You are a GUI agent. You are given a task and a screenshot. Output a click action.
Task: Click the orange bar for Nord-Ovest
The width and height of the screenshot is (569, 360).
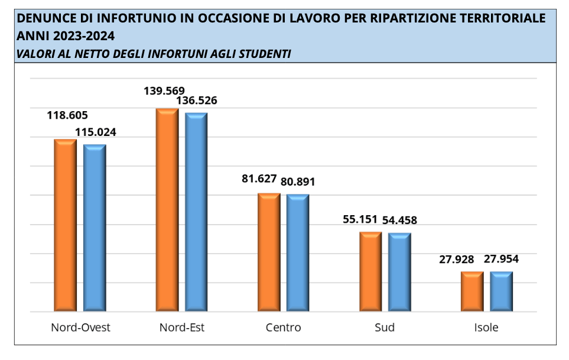tap(66, 225)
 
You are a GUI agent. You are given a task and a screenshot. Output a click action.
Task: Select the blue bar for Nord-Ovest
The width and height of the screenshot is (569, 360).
tap(95, 228)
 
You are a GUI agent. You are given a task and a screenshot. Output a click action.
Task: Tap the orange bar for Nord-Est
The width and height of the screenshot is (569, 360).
tap(167, 210)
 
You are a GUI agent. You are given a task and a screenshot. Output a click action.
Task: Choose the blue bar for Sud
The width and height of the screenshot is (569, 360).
tap(399, 272)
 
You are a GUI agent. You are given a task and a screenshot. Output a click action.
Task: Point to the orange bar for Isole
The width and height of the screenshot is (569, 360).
tap(472, 291)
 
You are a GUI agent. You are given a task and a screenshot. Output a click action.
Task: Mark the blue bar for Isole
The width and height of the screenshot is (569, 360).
tap(502, 291)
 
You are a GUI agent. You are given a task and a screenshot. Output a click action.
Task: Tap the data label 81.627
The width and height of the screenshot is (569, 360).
tap(259, 179)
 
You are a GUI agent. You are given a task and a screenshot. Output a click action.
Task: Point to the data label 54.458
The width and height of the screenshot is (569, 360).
tap(399, 220)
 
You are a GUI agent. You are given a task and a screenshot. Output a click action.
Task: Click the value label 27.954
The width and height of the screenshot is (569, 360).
tap(502, 259)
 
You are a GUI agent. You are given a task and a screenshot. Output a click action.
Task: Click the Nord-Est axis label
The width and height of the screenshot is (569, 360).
tap(182, 327)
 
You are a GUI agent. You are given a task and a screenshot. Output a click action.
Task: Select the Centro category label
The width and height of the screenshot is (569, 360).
tap(283, 327)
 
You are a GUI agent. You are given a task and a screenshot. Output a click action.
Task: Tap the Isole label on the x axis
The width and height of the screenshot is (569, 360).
tap(486, 327)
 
